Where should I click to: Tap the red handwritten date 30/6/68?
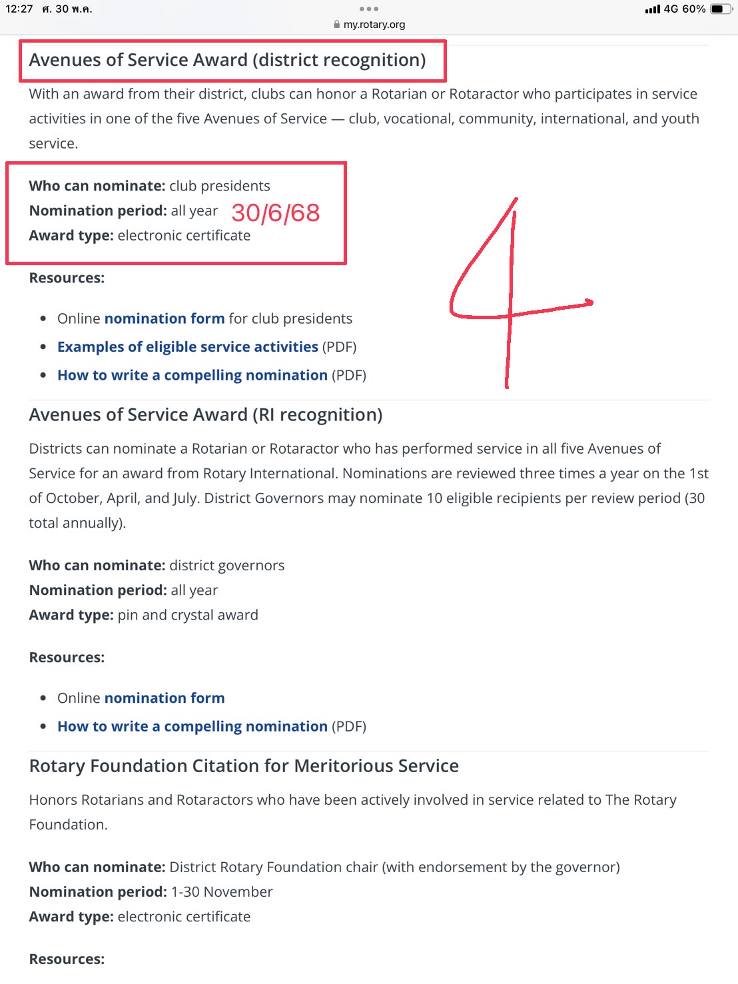pos(276,213)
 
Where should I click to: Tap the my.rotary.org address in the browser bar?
pos(374,25)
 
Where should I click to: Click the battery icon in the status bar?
pos(720,9)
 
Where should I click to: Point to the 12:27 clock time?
pos(19,9)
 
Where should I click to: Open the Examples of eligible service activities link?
pos(187,347)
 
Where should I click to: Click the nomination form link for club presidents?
pos(164,318)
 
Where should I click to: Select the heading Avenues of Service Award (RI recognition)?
pos(205,415)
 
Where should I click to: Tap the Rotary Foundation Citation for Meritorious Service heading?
pos(244,766)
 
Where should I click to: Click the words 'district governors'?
pos(226,566)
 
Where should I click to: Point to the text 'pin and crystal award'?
pos(188,615)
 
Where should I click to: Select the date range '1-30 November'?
pos(222,892)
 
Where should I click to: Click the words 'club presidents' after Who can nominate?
pos(220,186)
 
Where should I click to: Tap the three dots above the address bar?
pos(368,9)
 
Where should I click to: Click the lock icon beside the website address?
pos(337,25)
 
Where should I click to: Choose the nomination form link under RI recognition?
pos(164,698)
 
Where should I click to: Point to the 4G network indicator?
pos(671,9)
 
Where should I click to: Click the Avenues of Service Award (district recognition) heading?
pos(227,60)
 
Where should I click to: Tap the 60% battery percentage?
pos(694,9)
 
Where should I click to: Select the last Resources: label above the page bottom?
pos(67,959)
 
